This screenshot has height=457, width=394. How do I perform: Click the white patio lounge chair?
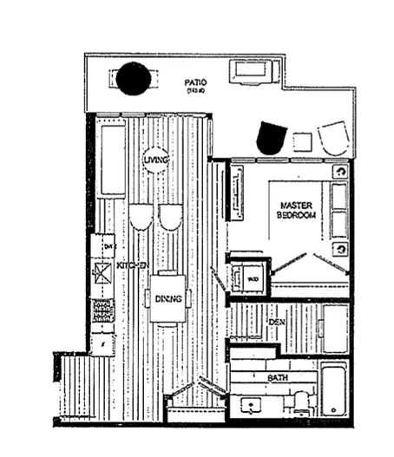pos(332,138)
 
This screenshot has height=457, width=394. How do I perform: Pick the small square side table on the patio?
pos(303,141)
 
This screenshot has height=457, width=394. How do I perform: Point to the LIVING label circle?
pos(156,160)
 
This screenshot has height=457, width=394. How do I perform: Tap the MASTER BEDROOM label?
pos(297,210)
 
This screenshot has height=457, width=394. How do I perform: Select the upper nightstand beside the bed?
pos(340,172)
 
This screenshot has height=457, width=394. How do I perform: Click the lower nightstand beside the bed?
pos(340,248)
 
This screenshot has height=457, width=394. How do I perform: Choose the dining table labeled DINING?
pos(168,298)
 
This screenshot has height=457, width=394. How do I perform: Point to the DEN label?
pos(277,322)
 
